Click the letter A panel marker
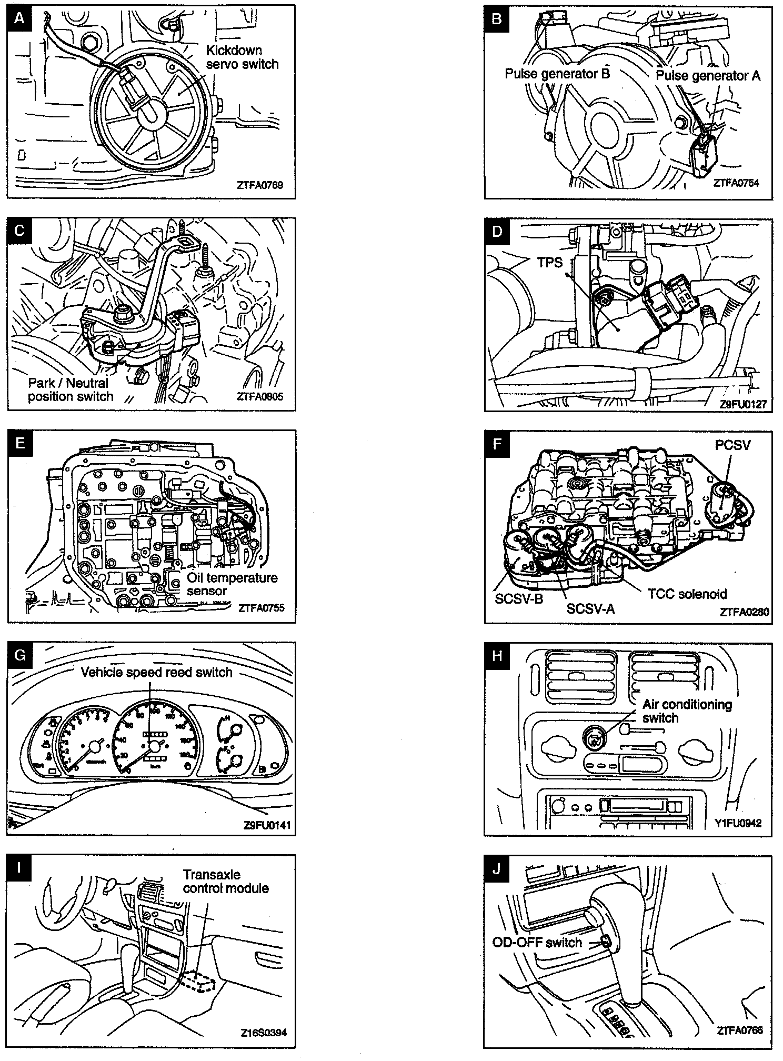click(20, 18)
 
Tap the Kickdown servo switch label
click(242, 57)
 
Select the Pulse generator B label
click(557, 74)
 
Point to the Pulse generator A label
click(708, 76)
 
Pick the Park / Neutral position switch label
click(71, 390)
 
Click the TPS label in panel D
click(550, 262)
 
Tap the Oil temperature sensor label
click(232, 584)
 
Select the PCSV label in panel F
click(732, 445)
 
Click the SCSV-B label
click(519, 598)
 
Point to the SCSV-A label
click(590, 608)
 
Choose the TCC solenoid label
click(687, 594)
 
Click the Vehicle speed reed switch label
click(156, 672)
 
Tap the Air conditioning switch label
click(687, 711)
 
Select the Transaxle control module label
click(226, 882)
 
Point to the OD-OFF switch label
click(537, 943)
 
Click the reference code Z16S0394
click(264, 1033)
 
